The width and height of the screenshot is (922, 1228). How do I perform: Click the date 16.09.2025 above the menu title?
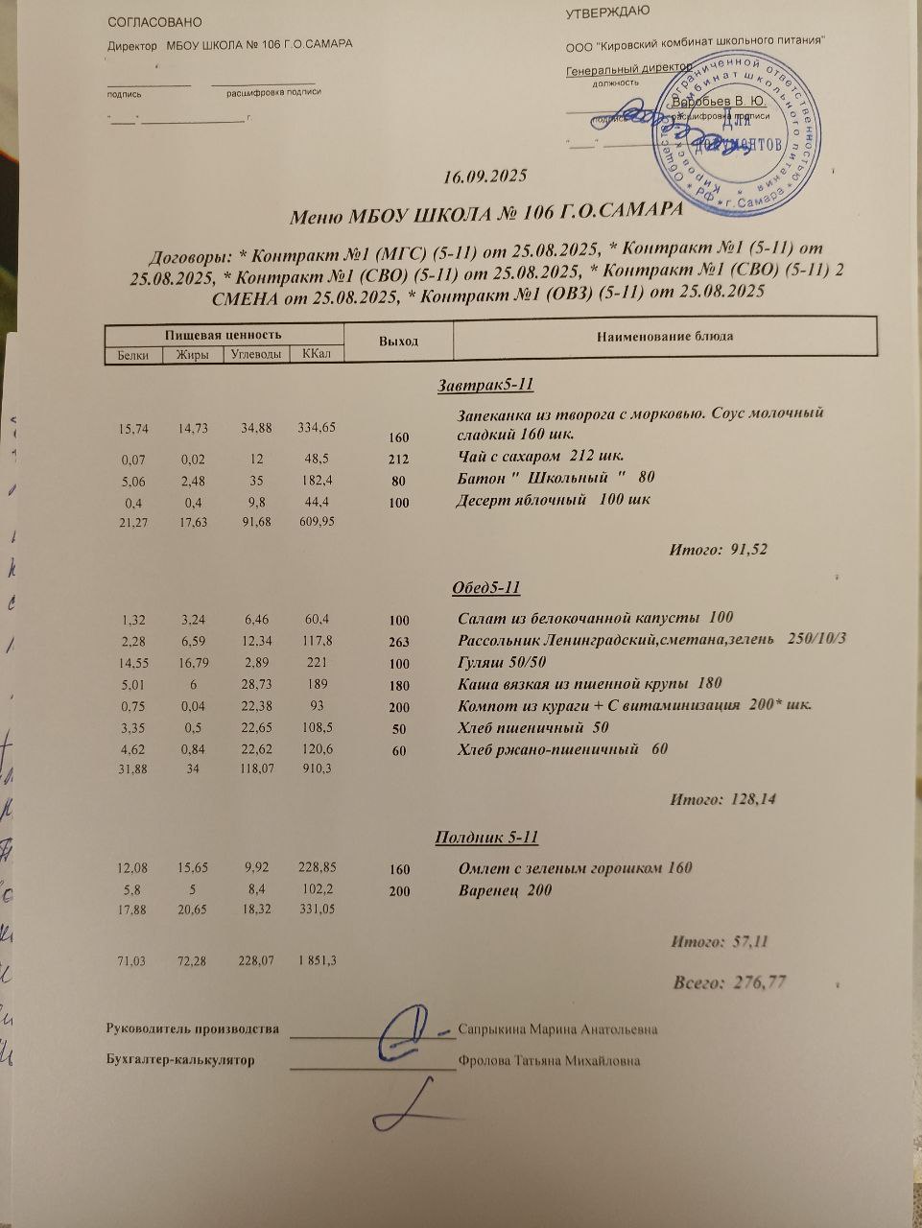click(x=485, y=177)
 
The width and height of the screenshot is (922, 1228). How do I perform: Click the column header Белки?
click(x=132, y=355)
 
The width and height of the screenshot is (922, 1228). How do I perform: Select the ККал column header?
click(x=316, y=354)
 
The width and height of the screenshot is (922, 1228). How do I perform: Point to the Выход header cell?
click(x=398, y=341)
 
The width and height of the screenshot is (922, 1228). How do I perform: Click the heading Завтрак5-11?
click(x=485, y=386)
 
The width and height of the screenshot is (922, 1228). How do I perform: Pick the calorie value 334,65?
click(x=316, y=427)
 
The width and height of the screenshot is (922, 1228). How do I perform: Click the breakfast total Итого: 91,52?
click(x=718, y=549)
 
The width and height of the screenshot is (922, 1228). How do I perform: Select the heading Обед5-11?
click(x=485, y=587)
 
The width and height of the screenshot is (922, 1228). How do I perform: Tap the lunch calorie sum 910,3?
click(x=317, y=768)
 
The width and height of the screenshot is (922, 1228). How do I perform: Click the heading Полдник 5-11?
click(x=486, y=838)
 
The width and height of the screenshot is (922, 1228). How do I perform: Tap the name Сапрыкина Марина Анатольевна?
click(x=557, y=1029)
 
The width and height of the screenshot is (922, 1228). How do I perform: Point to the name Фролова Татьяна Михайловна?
click(x=550, y=1060)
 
